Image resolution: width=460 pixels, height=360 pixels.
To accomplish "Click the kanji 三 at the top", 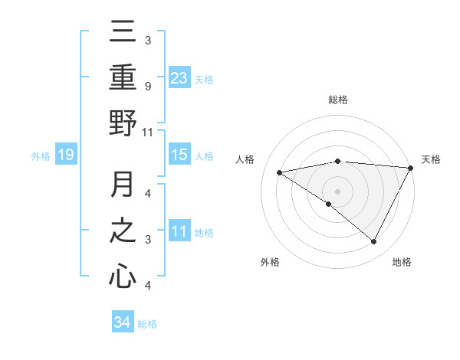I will click(x=123, y=33).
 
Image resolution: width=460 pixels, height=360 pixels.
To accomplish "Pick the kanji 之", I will click(x=123, y=231).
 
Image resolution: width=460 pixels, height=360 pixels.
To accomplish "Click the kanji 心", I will click(x=123, y=276).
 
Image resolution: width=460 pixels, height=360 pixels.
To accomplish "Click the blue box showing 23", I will click(x=179, y=77).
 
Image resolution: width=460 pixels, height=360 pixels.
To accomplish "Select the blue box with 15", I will click(x=179, y=155).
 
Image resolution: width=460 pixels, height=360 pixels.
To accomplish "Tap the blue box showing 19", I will click(x=66, y=155).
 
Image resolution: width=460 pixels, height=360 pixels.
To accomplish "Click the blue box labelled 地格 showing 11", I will click(x=179, y=231).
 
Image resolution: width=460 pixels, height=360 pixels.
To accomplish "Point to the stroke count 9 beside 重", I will click(x=147, y=87).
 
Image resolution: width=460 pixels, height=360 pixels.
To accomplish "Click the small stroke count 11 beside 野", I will click(x=147, y=132).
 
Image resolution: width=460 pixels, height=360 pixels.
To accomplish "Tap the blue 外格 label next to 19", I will click(x=41, y=156).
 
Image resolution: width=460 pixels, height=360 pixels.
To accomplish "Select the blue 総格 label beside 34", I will click(x=147, y=324).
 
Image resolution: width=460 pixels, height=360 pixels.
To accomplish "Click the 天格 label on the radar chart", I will click(x=432, y=159).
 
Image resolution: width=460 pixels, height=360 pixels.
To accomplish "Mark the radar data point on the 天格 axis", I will click(x=411, y=168).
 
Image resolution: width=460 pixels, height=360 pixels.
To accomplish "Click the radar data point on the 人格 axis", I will click(x=280, y=172).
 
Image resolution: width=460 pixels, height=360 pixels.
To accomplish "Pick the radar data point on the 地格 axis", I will click(x=374, y=242).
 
